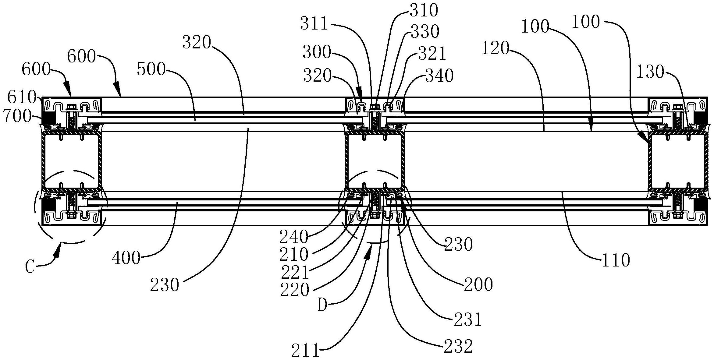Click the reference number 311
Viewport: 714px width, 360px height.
point(314,24)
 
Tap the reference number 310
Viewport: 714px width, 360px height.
point(424,11)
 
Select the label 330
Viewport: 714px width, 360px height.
point(425,31)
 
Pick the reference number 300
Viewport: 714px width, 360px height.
point(317,52)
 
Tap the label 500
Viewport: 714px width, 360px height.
point(151,70)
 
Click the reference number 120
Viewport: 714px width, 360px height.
point(496,48)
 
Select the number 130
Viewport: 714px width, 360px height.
point(650,72)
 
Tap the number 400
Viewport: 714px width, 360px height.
point(126,259)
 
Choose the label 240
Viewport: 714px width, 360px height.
point(293,237)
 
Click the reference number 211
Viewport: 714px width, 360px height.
point(305,351)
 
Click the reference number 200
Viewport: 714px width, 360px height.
point(478,285)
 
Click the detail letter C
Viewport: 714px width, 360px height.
point(30,267)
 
